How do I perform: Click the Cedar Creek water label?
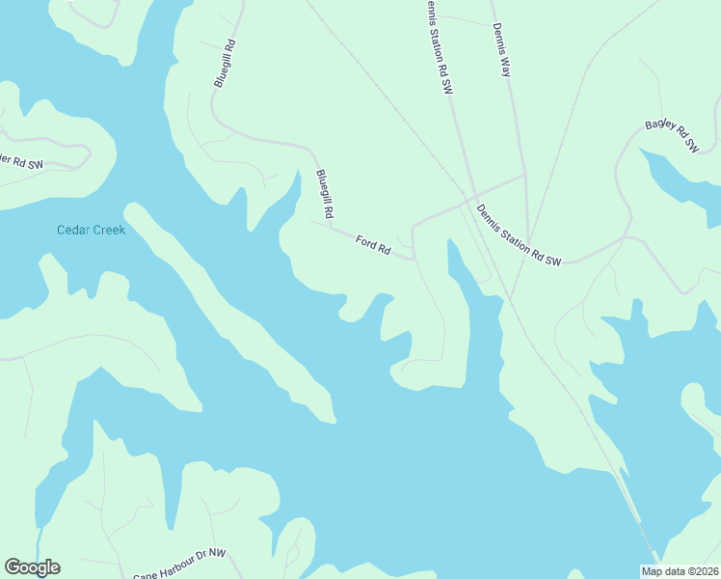(91, 230)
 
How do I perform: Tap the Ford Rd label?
(372, 246)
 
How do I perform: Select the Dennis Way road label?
(501, 50)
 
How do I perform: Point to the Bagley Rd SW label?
(671, 137)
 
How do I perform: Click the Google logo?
(32, 567)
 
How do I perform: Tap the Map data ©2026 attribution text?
(680, 571)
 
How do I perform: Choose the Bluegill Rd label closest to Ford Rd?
(325, 193)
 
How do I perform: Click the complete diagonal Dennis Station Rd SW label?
(519, 233)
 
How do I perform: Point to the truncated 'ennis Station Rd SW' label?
(436, 45)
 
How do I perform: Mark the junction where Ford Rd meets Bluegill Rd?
(331, 229)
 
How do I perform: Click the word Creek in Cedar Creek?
(109, 230)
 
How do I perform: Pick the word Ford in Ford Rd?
(365, 242)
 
